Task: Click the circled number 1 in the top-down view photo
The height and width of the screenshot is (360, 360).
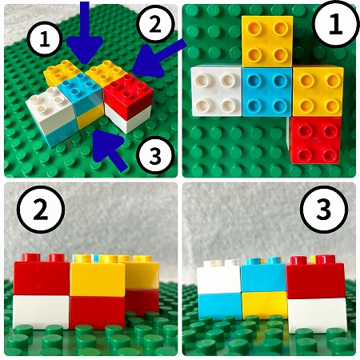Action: pos(335,24)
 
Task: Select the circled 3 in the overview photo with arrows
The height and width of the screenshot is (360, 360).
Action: pos(155,155)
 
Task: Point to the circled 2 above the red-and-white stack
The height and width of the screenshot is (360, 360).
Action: pos(41,210)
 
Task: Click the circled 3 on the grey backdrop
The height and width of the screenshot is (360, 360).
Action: pos(324,210)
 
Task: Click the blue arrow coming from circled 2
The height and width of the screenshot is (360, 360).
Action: pos(158,58)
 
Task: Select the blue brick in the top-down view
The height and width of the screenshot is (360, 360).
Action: pos(267,92)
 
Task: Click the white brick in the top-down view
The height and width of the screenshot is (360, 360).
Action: pos(216,90)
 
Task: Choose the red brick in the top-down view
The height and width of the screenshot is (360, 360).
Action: pos(316,140)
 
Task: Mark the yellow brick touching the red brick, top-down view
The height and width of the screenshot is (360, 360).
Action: pos(318,91)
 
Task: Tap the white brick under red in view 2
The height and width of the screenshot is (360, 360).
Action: pos(41,311)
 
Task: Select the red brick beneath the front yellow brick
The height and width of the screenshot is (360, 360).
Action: pos(98,313)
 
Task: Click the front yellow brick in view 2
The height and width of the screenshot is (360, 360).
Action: pos(98,278)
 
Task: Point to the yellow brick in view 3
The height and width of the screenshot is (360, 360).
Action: pos(265,305)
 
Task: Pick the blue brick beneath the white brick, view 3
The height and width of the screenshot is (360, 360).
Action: pos(220,306)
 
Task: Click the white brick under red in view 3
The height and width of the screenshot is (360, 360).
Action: pos(317,314)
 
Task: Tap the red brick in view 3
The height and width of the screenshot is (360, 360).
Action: pos(315,279)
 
